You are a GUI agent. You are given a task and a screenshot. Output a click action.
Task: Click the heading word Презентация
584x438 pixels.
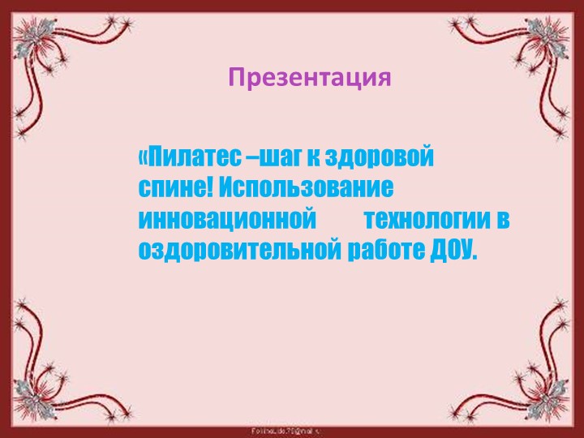(309, 78)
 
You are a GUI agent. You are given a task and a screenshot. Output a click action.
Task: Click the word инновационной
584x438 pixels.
(227, 219)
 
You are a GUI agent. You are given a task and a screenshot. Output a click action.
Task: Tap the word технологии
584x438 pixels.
(427, 219)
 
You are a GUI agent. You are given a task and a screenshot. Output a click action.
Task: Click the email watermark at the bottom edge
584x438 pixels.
(291, 427)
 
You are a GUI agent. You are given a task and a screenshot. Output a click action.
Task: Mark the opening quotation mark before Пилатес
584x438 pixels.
(144, 155)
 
